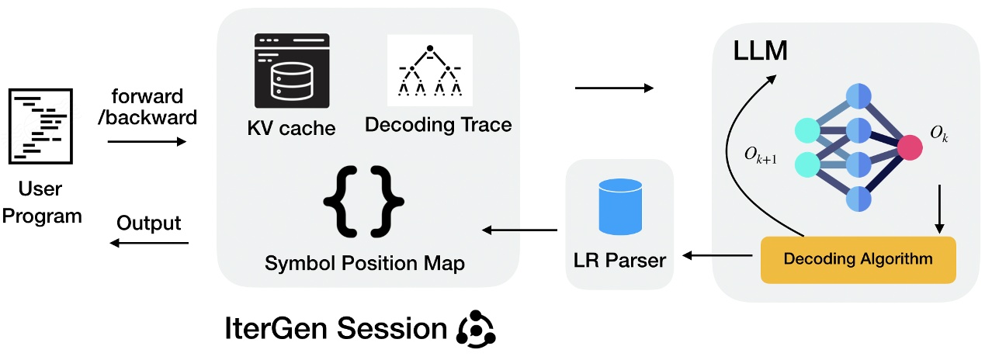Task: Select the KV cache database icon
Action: (292, 73)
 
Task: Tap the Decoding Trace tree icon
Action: (429, 71)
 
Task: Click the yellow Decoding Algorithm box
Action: (858, 258)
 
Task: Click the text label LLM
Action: (760, 51)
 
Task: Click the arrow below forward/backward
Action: (147, 142)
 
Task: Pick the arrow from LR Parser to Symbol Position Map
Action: (520, 230)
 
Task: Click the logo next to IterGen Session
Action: (476, 329)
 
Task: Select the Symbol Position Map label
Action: (365, 264)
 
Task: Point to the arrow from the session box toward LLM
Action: (613, 88)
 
